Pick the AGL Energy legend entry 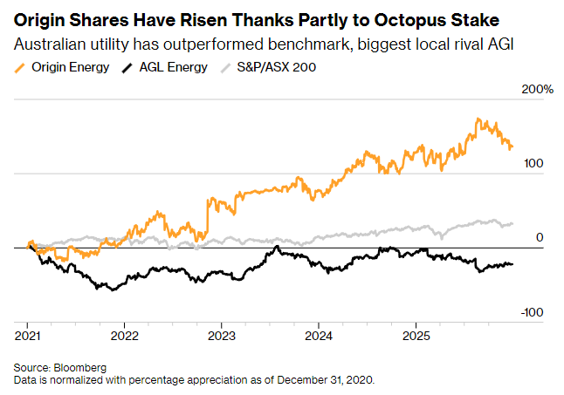170,67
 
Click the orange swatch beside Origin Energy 19,67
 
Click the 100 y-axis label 534,164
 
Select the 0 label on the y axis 540,237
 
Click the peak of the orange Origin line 478,119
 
